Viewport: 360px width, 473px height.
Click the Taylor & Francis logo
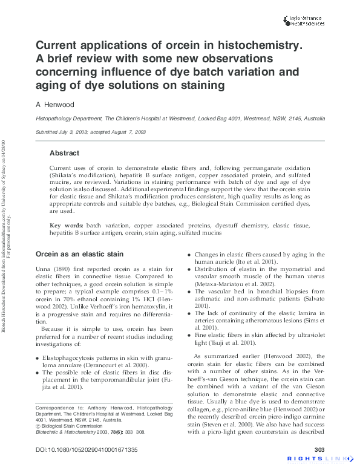pyautogui.click(x=304, y=21)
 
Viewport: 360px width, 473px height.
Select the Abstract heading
pyautogui.click(x=64, y=153)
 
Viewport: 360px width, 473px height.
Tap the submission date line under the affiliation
pyautogui.click(x=90, y=132)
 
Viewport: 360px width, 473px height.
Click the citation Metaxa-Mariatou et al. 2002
pyautogui.click(x=234, y=284)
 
